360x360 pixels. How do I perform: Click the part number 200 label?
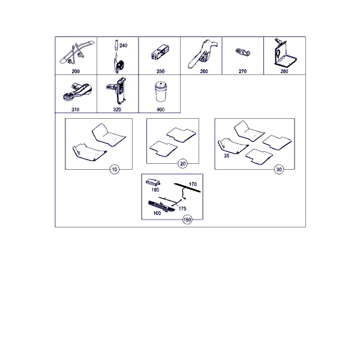(x=76, y=71)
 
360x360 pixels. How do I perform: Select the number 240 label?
(x=123, y=46)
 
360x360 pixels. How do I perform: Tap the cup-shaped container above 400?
(x=160, y=91)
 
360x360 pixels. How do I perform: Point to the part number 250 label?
(x=160, y=71)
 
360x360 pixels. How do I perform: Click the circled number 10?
(x=115, y=169)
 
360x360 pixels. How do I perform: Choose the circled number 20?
(x=182, y=164)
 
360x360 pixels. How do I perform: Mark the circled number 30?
(x=279, y=169)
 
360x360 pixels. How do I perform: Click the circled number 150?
(x=187, y=220)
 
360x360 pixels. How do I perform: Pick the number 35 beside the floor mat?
(x=227, y=155)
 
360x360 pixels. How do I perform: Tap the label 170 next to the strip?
(x=193, y=184)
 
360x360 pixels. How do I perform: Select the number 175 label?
(x=182, y=208)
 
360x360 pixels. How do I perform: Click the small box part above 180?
(x=153, y=182)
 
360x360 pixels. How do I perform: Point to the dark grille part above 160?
(x=161, y=206)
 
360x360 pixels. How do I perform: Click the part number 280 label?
(x=284, y=71)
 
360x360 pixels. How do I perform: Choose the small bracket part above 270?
(x=243, y=52)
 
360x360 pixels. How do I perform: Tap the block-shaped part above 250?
(x=160, y=52)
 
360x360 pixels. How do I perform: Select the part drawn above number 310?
(x=77, y=92)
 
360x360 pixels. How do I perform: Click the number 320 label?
(x=117, y=110)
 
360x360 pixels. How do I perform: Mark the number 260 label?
(x=204, y=71)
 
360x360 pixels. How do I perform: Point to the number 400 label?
(x=160, y=110)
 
